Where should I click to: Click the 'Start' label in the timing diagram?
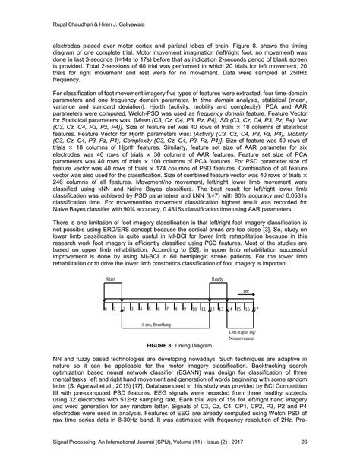pyautogui.click(x=109, y=280)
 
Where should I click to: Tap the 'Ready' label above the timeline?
pyautogui.click(x=216, y=280)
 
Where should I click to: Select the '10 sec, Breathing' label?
pyautogui.click(x=155, y=325)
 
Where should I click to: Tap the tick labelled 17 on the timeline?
pyautogui.click(x=255, y=311)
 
